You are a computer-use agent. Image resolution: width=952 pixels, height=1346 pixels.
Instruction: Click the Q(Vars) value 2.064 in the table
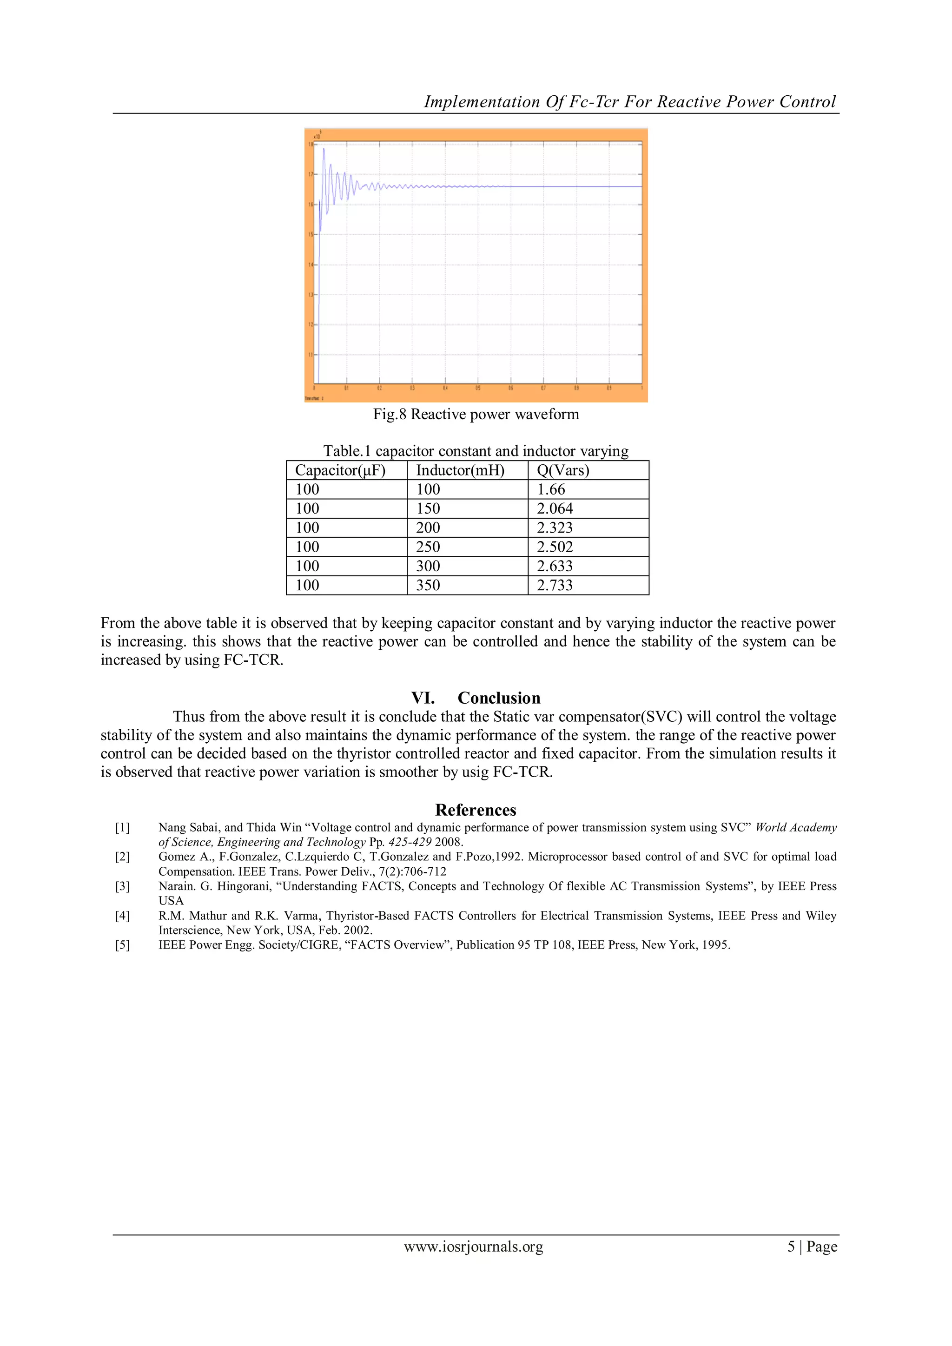(x=555, y=508)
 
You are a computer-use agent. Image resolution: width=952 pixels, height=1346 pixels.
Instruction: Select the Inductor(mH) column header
(x=460, y=470)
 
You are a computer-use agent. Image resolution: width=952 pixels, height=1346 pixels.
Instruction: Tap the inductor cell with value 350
(x=428, y=585)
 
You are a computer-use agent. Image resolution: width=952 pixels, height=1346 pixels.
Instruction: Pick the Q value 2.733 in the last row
(x=555, y=585)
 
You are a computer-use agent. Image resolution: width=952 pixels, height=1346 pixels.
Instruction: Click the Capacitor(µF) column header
(x=340, y=470)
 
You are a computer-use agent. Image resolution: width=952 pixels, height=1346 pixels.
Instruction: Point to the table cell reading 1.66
(x=551, y=489)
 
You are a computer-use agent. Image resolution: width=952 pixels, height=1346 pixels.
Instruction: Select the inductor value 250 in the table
(x=428, y=547)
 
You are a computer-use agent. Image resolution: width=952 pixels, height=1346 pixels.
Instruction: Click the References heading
(x=476, y=810)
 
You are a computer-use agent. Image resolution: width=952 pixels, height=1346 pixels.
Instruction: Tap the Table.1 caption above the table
(x=476, y=451)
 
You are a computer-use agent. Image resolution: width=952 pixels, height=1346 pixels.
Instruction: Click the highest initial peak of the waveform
(x=324, y=150)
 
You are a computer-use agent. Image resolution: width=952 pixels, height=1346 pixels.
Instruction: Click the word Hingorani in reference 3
(x=245, y=886)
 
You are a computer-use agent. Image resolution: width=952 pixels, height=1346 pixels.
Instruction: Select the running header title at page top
(x=629, y=102)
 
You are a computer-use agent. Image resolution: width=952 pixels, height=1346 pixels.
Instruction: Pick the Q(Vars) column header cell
(x=563, y=470)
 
